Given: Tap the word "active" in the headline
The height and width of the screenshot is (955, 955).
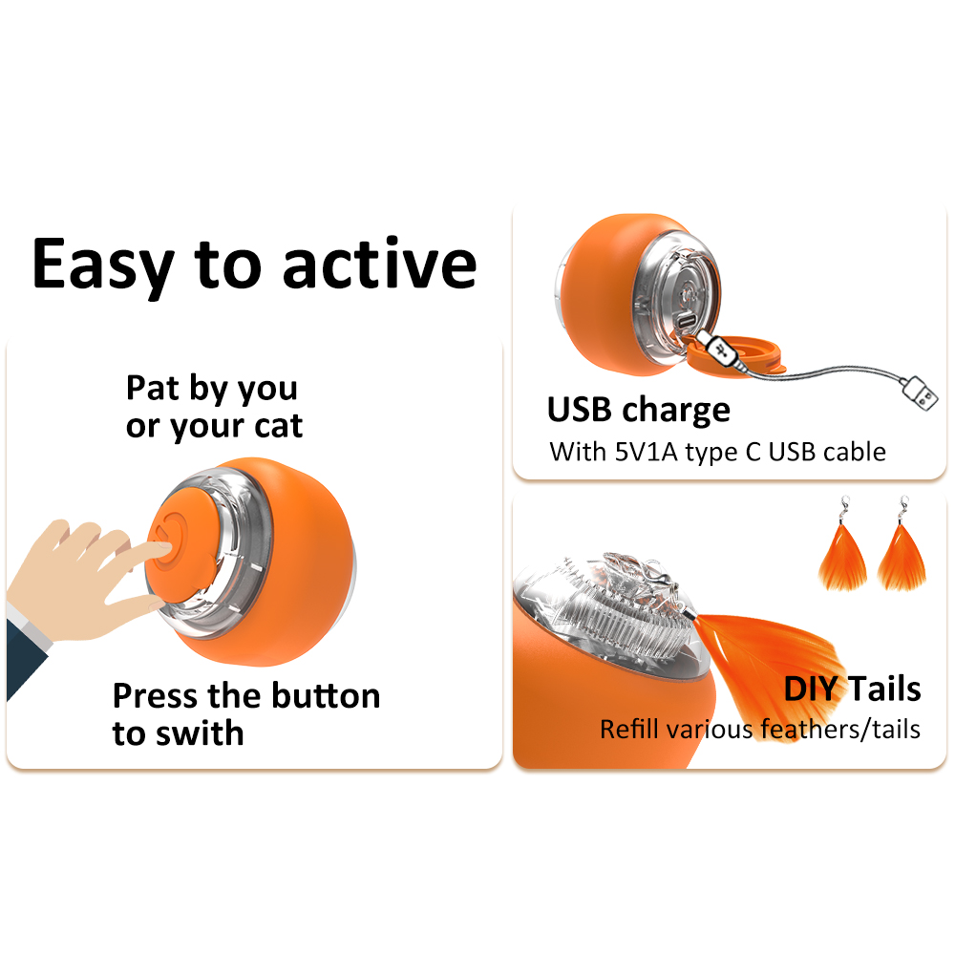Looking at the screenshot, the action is click(380, 264).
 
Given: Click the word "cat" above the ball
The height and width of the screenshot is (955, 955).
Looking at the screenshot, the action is click(278, 426).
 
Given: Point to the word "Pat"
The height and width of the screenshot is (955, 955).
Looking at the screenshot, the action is click(153, 388).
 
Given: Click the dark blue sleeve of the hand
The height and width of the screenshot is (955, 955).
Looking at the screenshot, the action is click(25, 657).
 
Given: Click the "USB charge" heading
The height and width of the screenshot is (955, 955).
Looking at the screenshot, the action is click(638, 410).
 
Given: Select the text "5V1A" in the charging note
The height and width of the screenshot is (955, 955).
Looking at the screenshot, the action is click(646, 452).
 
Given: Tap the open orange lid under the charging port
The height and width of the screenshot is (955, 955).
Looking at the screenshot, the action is click(737, 355).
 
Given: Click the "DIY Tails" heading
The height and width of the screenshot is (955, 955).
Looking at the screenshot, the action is click(852, 689).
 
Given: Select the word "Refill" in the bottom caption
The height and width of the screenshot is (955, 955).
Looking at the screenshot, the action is click(629, 729).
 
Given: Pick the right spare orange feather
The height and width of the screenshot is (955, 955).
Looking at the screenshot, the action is click(902, 558).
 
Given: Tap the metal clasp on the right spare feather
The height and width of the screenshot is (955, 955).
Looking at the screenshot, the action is click(903, 510).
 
